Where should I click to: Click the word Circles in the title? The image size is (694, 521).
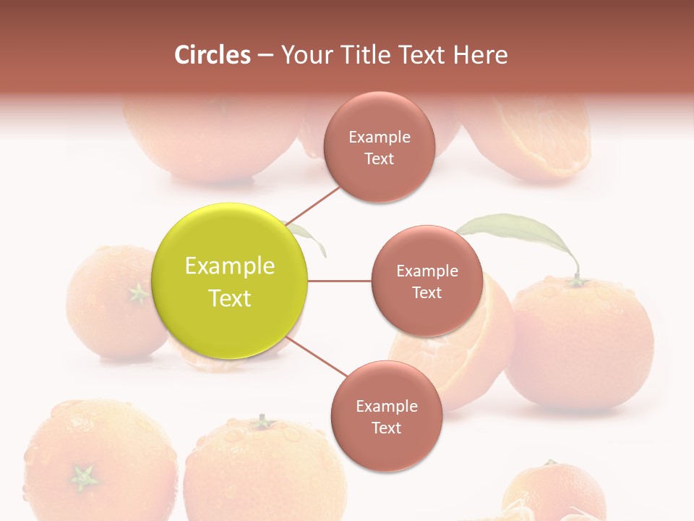point(213,55)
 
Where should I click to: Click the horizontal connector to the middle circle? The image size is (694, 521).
point(340,281)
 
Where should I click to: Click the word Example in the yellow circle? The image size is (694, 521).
point(230,266)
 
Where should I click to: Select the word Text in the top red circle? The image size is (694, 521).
point(379,158)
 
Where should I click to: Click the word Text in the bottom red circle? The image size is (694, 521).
point(386,428)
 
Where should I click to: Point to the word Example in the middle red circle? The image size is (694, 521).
point(427,271)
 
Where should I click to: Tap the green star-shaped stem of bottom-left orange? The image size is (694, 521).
point(84,477)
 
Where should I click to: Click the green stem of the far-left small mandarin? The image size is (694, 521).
point(137,293)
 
